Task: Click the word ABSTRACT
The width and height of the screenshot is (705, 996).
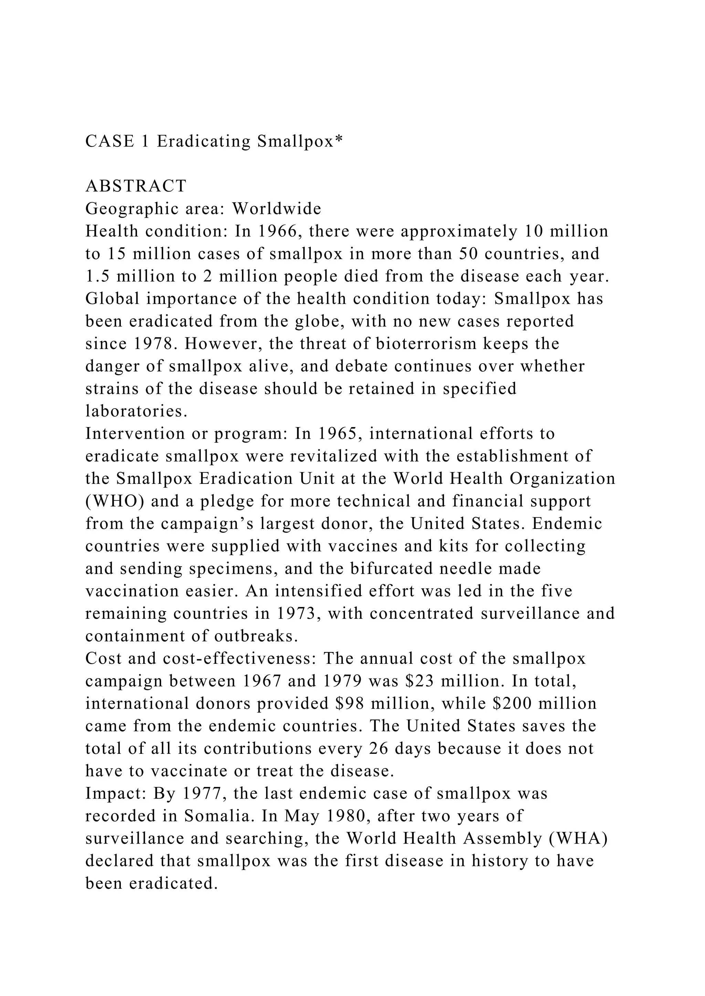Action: [136, 186]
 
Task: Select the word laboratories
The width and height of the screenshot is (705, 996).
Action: [136, 411]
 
